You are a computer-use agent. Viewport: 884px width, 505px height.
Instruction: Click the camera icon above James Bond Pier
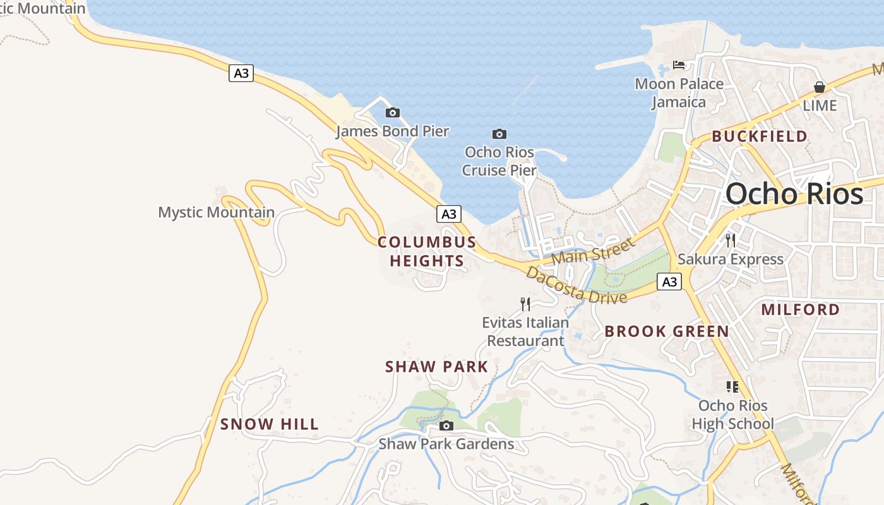(393, 113)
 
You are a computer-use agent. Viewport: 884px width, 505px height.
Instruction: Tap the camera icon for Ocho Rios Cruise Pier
(499, 134)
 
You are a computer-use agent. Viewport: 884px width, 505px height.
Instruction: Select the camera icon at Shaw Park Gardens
(446, 425)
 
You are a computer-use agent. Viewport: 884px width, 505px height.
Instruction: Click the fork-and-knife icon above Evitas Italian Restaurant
(525, 304)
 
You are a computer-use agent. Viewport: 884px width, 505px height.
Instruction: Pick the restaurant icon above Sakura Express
(731, 240)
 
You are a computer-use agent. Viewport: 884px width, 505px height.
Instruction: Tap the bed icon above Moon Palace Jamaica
(679, 65)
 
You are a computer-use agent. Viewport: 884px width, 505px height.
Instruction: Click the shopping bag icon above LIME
(820, 87)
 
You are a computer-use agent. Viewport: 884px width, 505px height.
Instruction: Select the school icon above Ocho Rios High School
(732, 386)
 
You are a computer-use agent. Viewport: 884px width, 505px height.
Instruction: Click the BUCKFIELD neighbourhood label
(760, 136)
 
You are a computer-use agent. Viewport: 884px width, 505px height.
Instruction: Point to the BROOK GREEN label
(667, 331)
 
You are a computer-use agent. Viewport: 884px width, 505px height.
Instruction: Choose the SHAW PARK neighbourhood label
(437, 367)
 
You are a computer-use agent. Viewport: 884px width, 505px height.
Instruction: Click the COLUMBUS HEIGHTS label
(427, 251)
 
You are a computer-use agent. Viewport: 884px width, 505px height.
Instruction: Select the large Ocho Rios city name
(794, 194)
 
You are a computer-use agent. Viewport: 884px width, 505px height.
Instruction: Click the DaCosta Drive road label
(576, 285)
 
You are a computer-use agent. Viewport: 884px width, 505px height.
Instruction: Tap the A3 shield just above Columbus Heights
(448, 214)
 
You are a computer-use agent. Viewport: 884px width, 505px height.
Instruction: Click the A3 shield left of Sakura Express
(669, 282)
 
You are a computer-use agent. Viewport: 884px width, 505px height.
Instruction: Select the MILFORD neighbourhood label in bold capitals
(800, 309)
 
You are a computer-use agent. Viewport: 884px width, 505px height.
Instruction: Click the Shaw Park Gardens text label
(446, 444)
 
